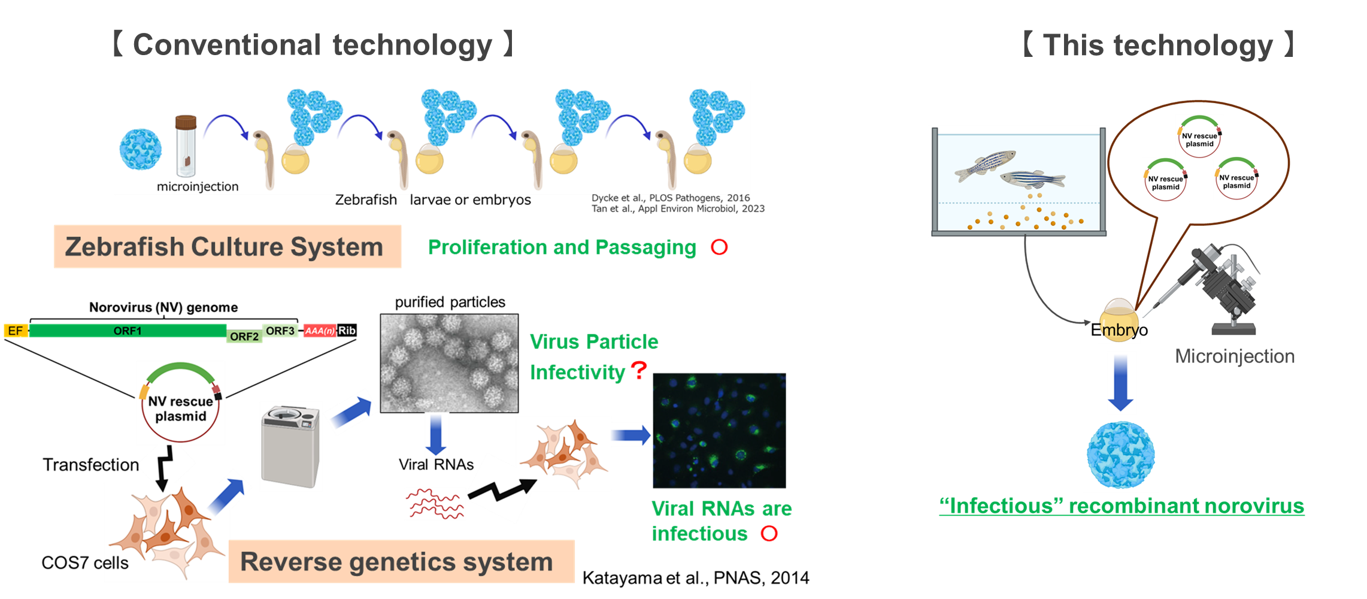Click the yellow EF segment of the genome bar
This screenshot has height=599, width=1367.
tap(15, 331)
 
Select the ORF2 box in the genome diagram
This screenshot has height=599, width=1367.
tap(244, 336)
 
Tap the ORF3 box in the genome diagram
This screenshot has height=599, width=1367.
tap(280, 331)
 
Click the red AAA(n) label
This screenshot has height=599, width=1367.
tap(319, 331)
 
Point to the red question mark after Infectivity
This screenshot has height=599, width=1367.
tap(639, 370)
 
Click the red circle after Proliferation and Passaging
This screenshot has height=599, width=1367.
tap(719, 247)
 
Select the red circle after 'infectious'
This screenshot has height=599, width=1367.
tap(769, 533)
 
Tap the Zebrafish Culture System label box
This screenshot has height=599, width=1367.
tap(227, 246)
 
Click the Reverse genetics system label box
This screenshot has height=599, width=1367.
tap(401, 561)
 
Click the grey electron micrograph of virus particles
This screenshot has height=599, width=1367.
tap(449, 363)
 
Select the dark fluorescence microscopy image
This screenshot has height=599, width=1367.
tap(719, 430)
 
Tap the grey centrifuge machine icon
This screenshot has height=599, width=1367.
tap(291, 446)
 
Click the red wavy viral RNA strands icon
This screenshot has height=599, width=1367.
tap(435, 503)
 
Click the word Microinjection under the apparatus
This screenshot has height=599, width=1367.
tap(1235, 356)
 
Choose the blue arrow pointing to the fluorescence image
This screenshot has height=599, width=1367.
tap(632, 434)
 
